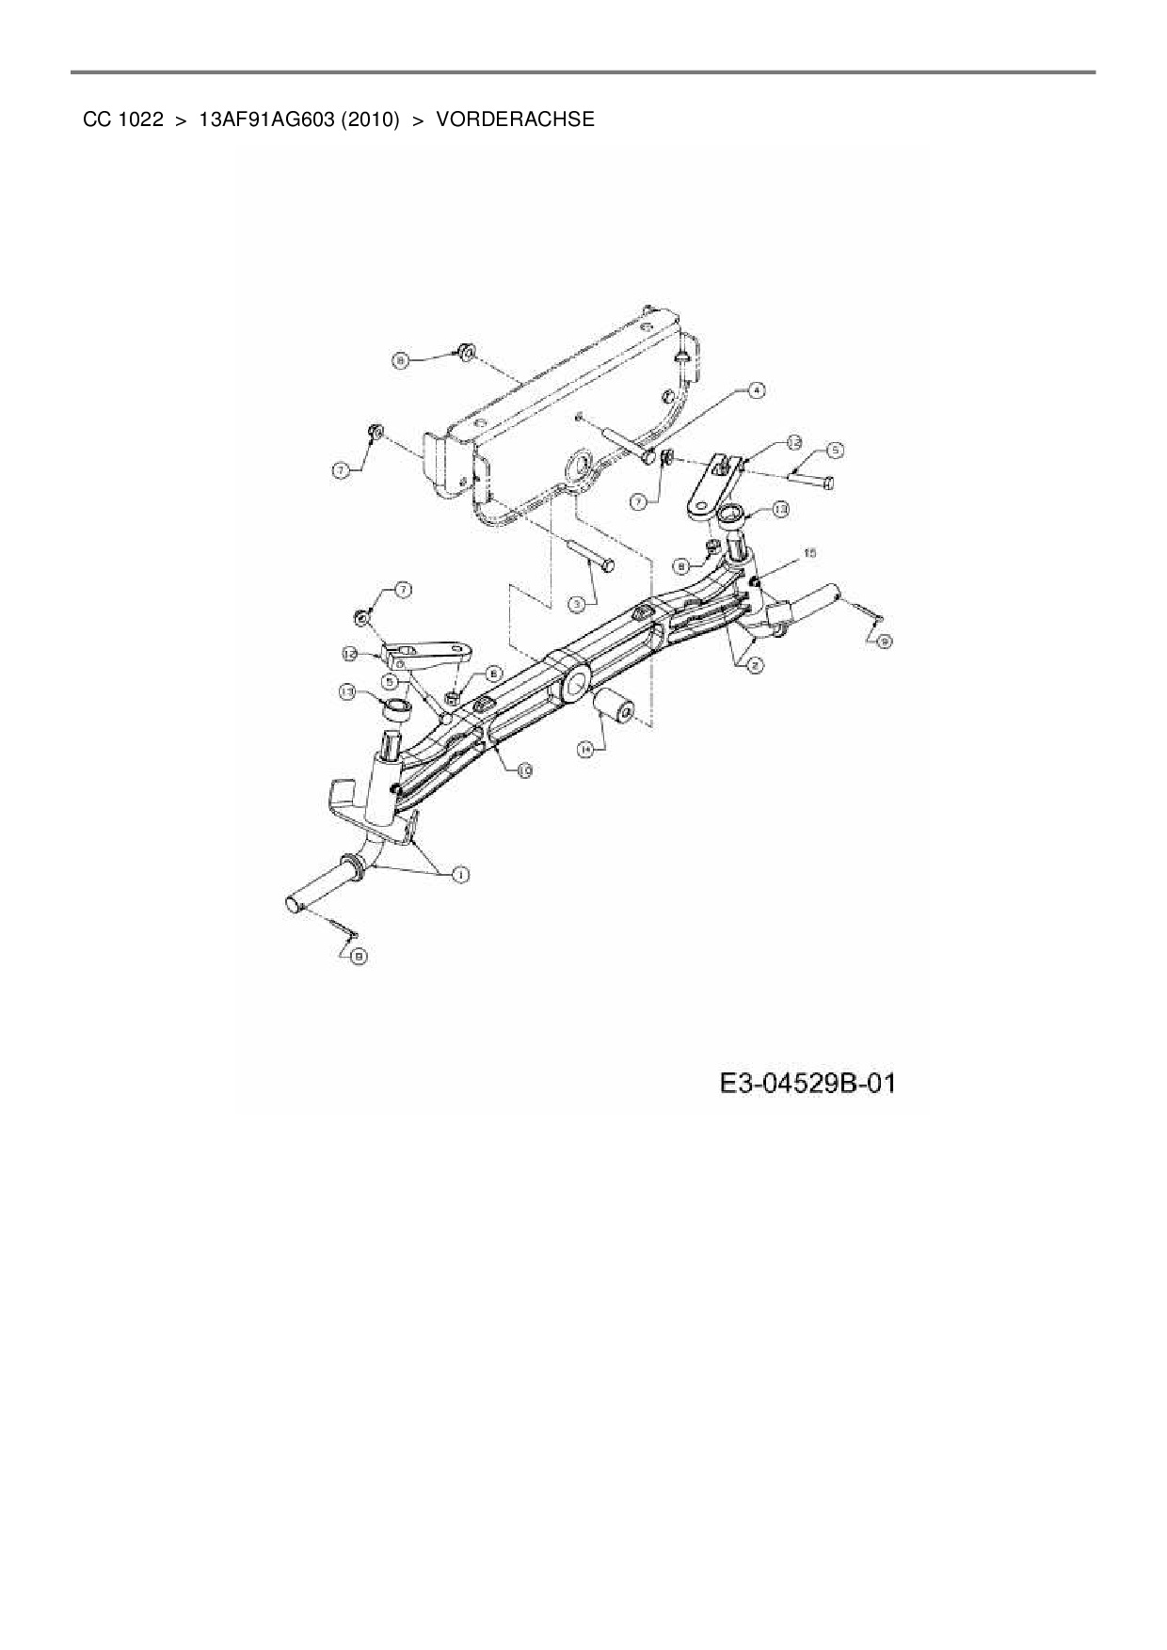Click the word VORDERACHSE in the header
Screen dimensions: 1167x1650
(515, 119)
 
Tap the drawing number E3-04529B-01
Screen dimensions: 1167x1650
(807, 1084)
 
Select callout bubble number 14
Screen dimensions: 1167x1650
(586, 749)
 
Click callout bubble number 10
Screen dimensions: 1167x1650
(524, 769)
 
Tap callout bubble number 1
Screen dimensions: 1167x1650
(460, 876)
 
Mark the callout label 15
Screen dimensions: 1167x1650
(808, 553)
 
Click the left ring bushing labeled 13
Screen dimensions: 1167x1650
(399, 707)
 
